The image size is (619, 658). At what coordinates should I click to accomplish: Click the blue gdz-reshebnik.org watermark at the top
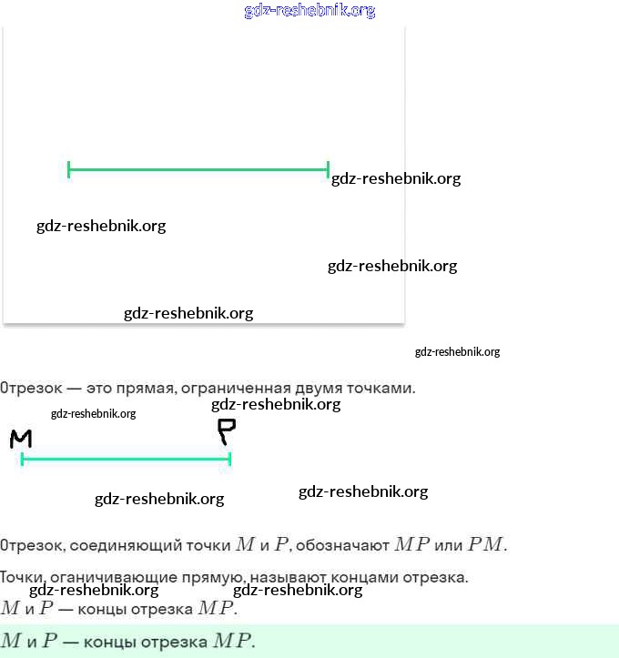(309, 11)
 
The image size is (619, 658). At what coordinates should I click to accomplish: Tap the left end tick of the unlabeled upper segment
(69, 168)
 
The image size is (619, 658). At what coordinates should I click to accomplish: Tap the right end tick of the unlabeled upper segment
(328, 168)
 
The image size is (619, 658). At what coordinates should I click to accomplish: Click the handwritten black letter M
(21, 440)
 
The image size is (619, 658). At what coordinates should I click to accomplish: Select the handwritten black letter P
(226, 431)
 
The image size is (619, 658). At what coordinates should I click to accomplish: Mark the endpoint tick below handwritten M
(22, 459)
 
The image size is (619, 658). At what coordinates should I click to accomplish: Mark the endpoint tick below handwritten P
(230, 459)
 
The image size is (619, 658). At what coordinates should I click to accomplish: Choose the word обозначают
(345, 545)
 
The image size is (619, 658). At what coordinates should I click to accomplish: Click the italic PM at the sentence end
(487, 545)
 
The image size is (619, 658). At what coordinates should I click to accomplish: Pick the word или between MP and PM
(449, 545)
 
